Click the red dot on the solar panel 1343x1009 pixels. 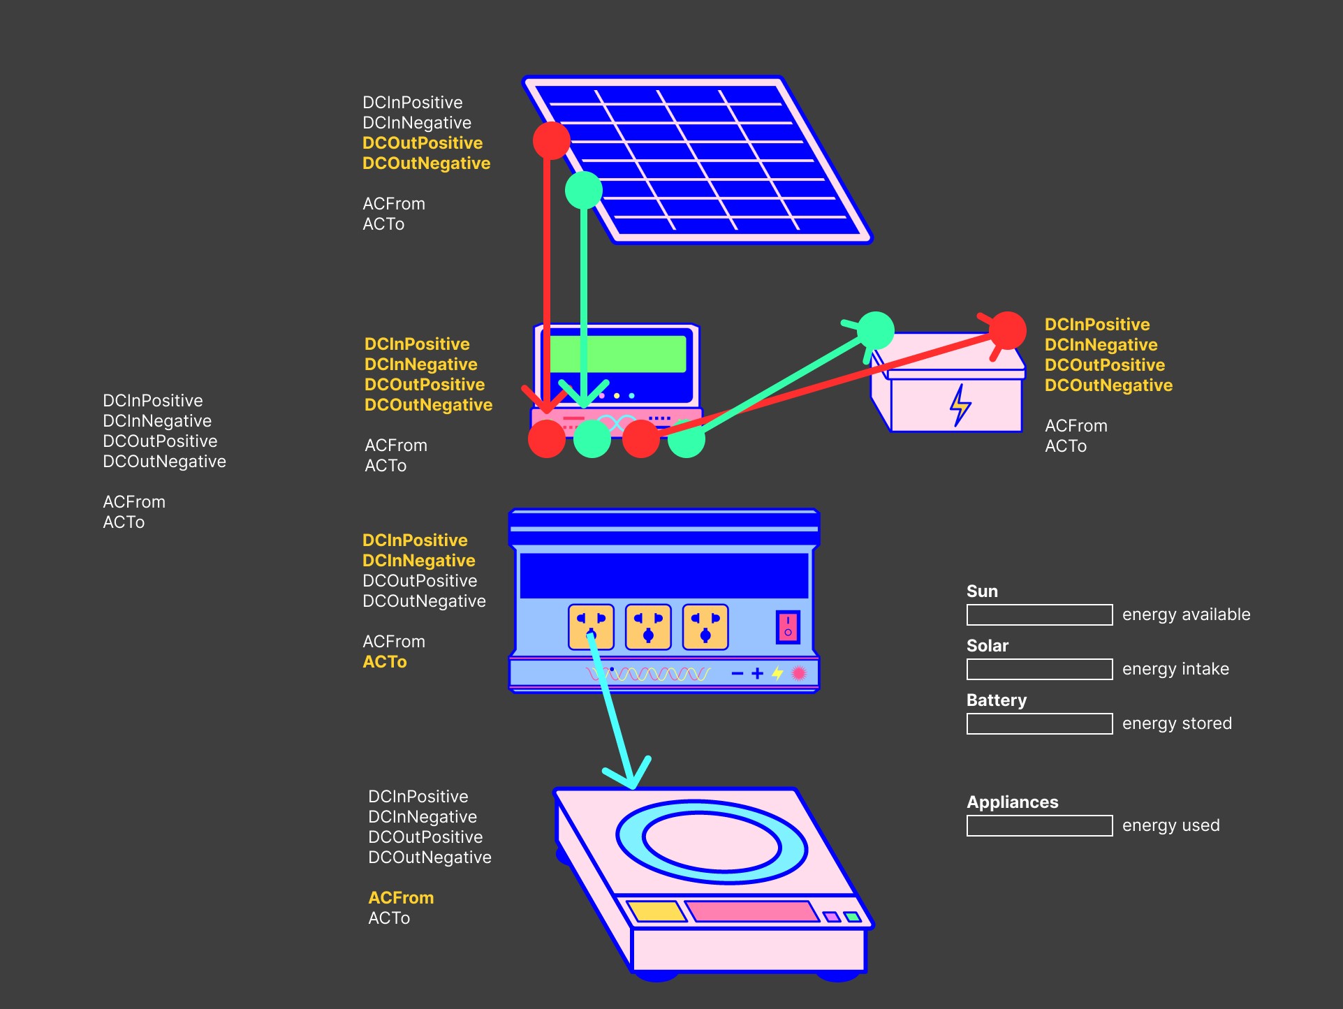click(x=551, y=140)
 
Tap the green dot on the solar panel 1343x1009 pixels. click(x=583, y=190)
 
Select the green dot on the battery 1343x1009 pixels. click(x=875, y=330)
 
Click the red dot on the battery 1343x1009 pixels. click(x=1007, y=330)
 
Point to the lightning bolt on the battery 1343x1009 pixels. click(x=960, y=405)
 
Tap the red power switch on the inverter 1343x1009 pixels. click(x=788, y=626)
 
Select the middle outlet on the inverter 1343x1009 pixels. click(x=648, y=626)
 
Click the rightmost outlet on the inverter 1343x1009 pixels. click(x=705, y=626)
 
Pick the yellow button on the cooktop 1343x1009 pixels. click(x=656, y=911)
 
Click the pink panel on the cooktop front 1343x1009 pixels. click(x=751, y=911)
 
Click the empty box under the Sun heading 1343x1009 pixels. click(x=1039, y=615)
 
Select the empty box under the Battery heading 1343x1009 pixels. click(x=1039, y=724)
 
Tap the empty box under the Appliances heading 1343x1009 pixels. click(x=1039, y=826)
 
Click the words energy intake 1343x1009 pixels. click(x=1175, y=669)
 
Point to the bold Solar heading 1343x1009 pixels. click(x=987, y=646)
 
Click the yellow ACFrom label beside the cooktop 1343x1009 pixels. click(x=401, y=898)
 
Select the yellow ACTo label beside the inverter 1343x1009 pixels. click(x=385, y=662)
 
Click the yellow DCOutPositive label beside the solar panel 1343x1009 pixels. click(x=423, y=143)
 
